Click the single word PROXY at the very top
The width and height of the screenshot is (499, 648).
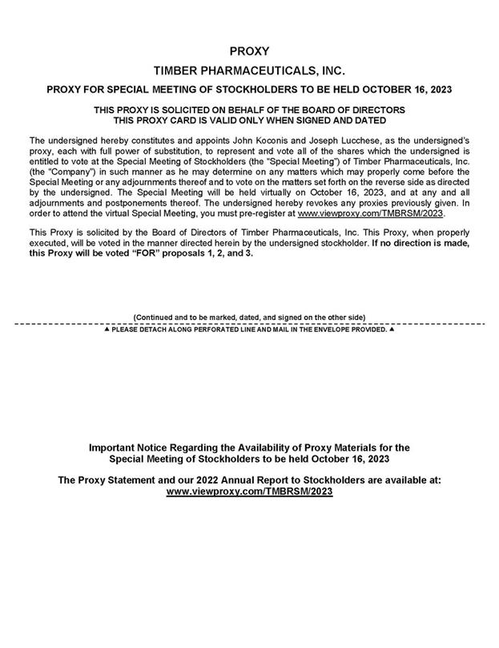pos(249,51)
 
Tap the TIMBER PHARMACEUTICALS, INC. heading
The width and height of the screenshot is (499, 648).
pos(249,71)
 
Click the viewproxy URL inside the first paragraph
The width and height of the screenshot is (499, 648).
pos(370,214)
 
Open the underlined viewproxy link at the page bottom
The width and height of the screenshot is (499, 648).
pos(249,491)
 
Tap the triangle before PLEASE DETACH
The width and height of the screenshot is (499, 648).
pos(107,330)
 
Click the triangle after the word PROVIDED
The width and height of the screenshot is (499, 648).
pos(392,330)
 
